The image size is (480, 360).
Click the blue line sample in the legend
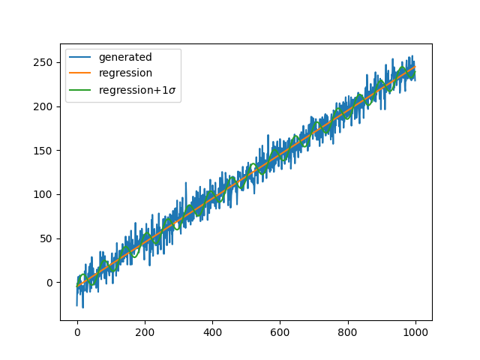[82, 58]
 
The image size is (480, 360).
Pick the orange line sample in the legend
[82, 73]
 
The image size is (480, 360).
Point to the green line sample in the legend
[82, 90]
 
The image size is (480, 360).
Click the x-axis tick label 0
[77, 332]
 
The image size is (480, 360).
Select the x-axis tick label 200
[145, 332]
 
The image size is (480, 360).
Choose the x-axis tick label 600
[280, 332]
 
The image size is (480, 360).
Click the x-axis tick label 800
[348, 332]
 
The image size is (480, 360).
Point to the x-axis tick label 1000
[415, 332]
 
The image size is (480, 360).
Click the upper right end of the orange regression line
[415, 66]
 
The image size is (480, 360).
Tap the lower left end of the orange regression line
[77, 286]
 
